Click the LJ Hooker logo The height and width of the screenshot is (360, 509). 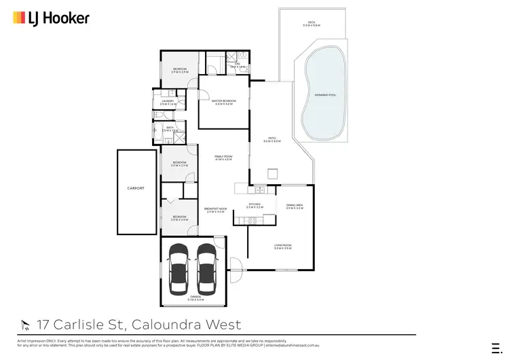(51, 18)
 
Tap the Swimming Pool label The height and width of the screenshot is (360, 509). (326, 95)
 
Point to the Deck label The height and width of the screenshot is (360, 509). (311, 24)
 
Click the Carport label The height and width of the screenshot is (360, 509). (136, 188)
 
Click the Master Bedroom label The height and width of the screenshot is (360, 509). (223, 101)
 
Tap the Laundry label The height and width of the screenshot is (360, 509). (168, 101)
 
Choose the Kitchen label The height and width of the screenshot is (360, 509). (254, 204)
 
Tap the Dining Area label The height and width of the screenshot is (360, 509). (294, 204)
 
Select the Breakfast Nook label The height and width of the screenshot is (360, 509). (214, 209)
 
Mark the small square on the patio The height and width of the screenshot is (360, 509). (273, 174)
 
